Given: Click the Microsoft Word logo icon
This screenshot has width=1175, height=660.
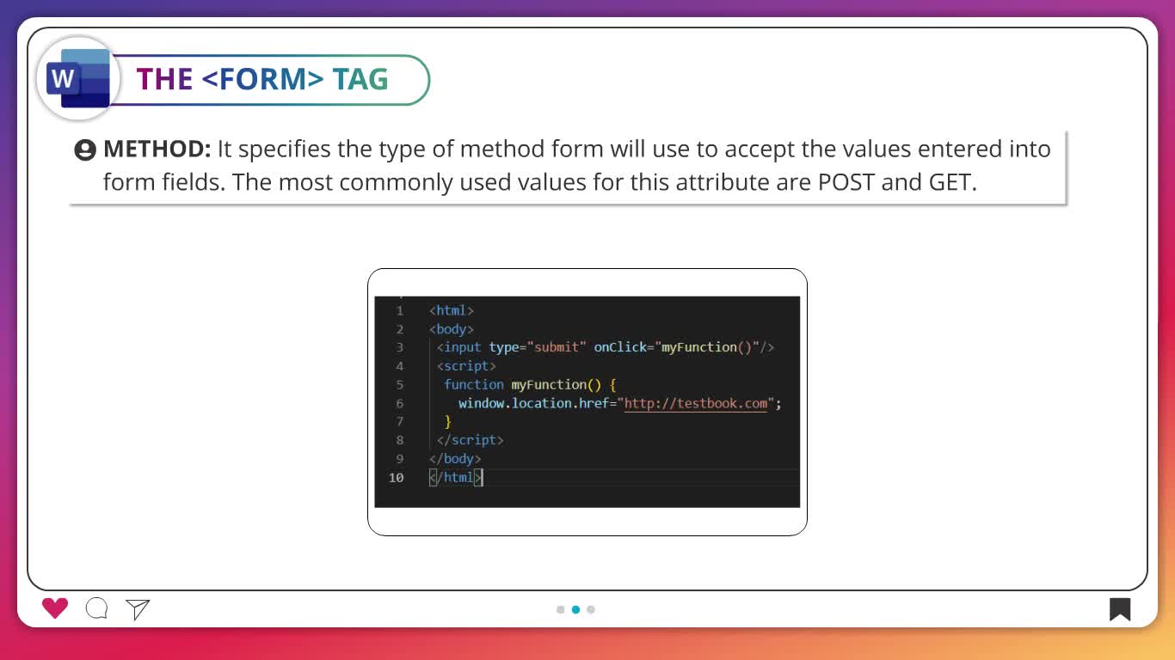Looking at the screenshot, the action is pos(78,78).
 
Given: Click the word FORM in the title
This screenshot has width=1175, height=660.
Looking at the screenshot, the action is pos(262,79).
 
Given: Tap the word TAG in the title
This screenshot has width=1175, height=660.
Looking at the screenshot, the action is pos(360,79).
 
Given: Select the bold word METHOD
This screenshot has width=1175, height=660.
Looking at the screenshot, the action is pos(157,149).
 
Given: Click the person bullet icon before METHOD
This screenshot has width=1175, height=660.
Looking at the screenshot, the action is pos(85,150).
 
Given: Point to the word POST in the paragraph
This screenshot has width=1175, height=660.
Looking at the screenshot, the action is pos(846,182).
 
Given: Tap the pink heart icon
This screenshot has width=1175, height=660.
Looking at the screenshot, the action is pos(55,608).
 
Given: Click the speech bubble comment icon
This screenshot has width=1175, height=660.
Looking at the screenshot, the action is pos(97,608).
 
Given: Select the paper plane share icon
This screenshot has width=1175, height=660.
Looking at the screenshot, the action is pos(138,608).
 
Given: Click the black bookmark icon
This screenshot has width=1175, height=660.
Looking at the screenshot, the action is pos(1120,609).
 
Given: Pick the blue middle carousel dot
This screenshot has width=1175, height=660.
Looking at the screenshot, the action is pos(576,609).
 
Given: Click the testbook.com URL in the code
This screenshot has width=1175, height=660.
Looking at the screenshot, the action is pos(696,403).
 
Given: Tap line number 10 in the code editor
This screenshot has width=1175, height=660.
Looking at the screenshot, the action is pos(396,478).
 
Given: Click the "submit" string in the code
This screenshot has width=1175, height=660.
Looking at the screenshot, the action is pos(557,347).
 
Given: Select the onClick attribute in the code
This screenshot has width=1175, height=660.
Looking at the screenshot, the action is pos(620,347).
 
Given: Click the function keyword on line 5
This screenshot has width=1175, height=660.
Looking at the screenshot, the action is pos(474,385).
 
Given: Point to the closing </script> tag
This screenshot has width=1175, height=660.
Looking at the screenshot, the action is pos(470,440).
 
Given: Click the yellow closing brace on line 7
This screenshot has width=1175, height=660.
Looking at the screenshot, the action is pos(447,421).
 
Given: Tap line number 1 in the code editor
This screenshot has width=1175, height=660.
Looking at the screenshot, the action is pos(400,311).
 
